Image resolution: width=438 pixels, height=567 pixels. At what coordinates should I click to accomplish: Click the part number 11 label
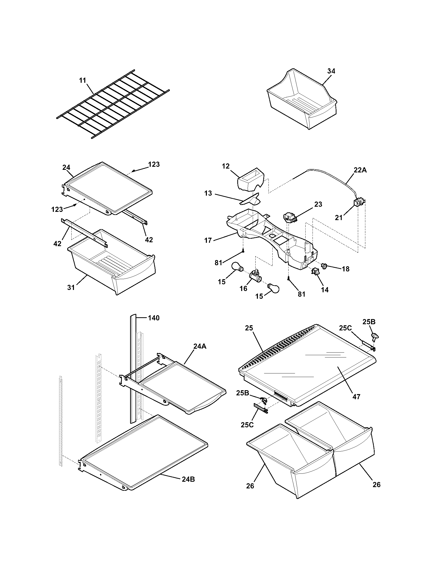[x=82, y=80]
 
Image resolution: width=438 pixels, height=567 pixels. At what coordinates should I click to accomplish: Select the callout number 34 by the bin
[x=331, y=71]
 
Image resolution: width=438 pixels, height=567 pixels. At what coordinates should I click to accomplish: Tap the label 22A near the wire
[x=360, y=170]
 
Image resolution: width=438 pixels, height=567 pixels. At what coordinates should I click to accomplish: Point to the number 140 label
[x=154, y=318]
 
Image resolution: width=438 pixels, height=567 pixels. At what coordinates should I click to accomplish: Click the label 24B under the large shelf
[x=188, y=480]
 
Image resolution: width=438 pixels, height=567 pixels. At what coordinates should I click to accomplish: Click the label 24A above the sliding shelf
[x=199, y=346]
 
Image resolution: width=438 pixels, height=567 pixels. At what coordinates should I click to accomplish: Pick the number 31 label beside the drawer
[x=71, y=287]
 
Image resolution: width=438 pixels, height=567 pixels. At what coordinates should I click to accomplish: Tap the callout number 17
[x=208, y=240]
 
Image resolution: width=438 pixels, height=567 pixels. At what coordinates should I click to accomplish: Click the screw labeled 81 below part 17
[x=243, y=251]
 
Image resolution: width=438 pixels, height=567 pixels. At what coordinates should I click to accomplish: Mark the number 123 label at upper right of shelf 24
[x=154, y=164]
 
